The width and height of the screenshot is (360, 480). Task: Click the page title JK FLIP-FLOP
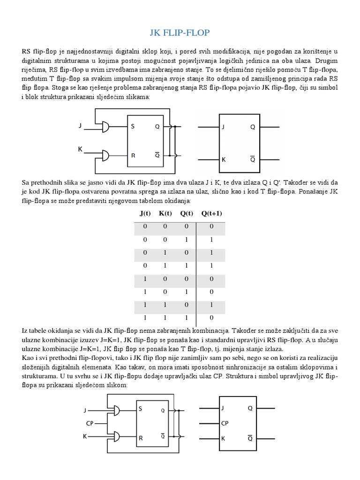(180, 32)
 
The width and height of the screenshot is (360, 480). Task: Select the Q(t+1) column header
(211, 213)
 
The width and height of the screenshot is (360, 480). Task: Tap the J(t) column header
(145, 213)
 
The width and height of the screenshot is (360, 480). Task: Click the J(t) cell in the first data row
(145, 226)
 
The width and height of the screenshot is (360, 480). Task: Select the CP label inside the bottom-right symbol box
(225, 423)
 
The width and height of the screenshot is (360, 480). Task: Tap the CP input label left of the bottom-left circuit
(90, 423)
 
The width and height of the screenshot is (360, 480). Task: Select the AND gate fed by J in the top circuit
(106, 127)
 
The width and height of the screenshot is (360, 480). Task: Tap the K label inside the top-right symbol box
(224, 159)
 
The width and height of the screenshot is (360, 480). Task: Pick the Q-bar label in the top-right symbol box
(253, 159)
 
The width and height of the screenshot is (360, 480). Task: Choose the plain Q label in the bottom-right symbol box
(250, 408)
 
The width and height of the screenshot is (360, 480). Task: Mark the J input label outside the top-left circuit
(80, 126)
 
